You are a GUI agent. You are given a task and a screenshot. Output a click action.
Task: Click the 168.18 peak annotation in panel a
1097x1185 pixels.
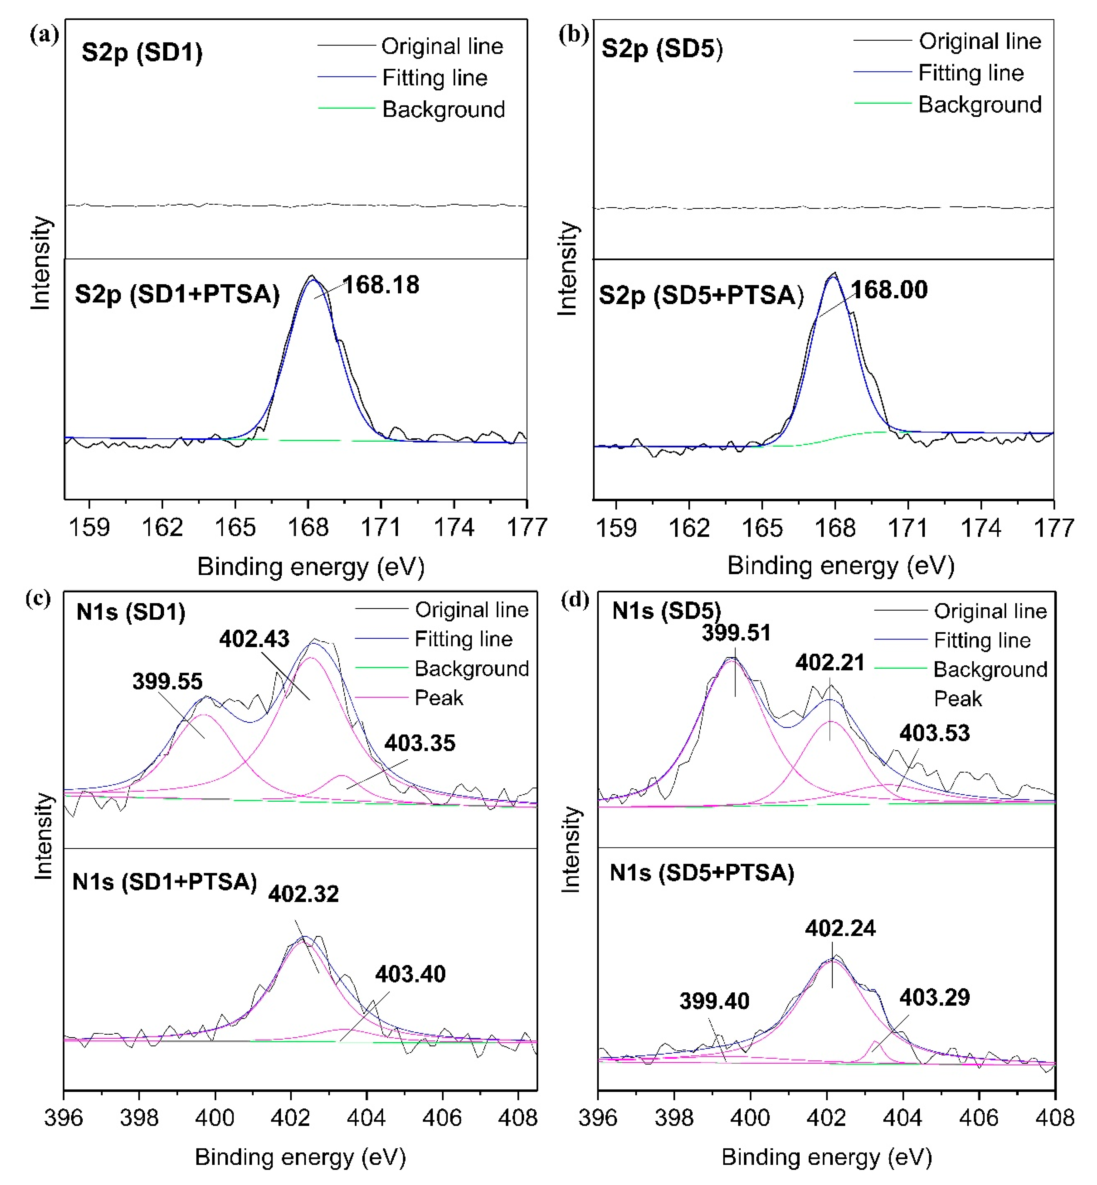(381, 285)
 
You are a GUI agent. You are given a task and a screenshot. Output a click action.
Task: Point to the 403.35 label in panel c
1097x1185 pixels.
(420, 743)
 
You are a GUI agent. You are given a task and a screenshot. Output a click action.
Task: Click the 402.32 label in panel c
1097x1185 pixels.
(303, 894)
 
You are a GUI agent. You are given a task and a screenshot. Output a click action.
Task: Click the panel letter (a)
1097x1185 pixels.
(45, 34)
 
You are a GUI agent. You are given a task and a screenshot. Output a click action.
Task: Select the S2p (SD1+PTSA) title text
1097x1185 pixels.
(177, 294)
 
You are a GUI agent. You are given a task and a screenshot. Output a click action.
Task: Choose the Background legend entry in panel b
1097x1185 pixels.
(979, 104)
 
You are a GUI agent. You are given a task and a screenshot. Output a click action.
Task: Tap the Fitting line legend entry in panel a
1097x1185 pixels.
(434, 78)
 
